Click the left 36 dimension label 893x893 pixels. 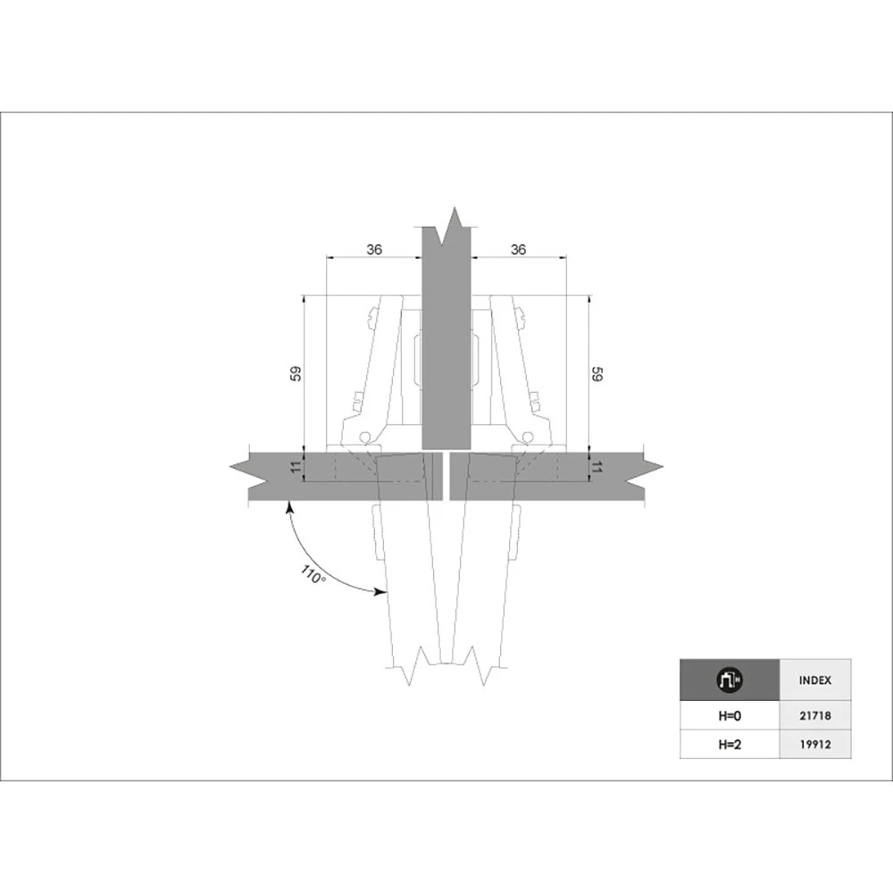(x=374, y=249)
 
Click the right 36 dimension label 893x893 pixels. (x=518, y=249)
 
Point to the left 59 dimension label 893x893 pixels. (x=296, y=373)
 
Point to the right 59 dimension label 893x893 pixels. (x=597, y=373)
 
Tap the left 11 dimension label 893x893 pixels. (x=296, y=468)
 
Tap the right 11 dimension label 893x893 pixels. (x=597, y=468)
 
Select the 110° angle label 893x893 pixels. (x=313, y=574)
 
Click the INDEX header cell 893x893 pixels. (x=815, y=680)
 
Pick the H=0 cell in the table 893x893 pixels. (x=730, y=715)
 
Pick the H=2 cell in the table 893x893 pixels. (x=730, y=745)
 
